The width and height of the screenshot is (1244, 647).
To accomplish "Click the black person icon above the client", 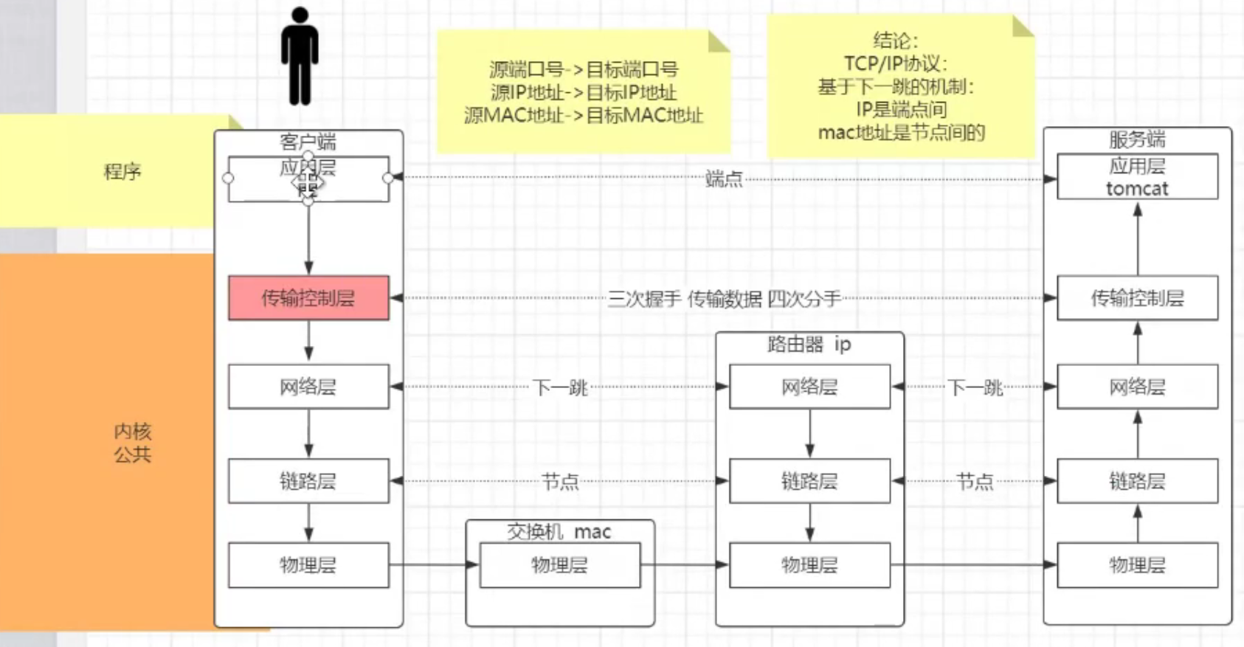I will click(300, 57).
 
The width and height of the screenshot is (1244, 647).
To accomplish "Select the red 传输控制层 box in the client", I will click(308, 298).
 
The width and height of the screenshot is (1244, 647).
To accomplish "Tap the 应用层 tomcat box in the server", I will click(1137, 177).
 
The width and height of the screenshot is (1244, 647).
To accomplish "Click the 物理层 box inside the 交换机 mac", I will click(560, 565).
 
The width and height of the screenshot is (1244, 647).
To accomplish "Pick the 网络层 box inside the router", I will click(809, 387).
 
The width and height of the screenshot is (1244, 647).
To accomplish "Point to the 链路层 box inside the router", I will click(809, 481).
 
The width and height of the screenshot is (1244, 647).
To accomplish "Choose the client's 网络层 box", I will click(308, 387).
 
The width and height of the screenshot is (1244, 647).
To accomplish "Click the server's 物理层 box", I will click(1137, 565).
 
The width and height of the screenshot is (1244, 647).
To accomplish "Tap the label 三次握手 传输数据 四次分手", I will click(724, 299).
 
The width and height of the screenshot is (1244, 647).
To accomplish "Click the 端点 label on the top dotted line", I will click(724, 179).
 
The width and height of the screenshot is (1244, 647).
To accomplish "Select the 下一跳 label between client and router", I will click(560, 387).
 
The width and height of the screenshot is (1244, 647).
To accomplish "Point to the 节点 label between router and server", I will click(975, 482).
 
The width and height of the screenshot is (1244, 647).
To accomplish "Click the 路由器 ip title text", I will click(809, 345).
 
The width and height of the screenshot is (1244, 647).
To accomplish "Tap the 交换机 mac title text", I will click(559, 532).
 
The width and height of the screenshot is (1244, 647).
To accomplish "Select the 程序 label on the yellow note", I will click(122, 172).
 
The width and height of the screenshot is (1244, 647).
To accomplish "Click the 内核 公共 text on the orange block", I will click(133, 443).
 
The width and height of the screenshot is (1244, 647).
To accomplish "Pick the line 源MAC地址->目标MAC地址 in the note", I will click(584, 116).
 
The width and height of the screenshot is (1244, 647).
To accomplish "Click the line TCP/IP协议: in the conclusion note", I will click(896, 63).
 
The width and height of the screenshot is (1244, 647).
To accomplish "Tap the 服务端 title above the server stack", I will click(1137, 139).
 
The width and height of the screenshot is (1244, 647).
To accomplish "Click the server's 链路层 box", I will click(1137, 481).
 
